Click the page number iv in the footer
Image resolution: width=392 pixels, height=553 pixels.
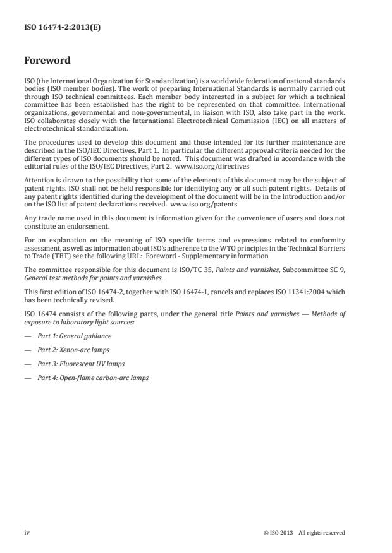[x=27, y=532]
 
